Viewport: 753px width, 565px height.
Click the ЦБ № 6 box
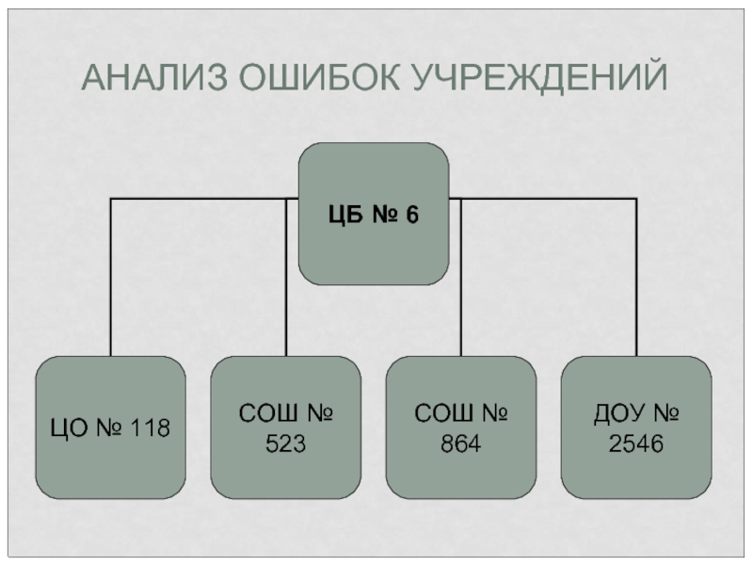(x=373, y=214)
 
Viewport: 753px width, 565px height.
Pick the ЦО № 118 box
(x=110, y=429)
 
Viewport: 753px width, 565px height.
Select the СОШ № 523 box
(x=285, y=429)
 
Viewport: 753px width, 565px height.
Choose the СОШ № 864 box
(x=461, y=429)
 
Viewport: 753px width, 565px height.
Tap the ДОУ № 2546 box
(x=636, y=429)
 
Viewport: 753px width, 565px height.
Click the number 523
(x=285, y=444)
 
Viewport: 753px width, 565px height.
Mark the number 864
(x=461, y=444)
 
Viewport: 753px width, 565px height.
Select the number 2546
(x=636, y=444)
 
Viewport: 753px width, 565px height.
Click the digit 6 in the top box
(x=411, y=215)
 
